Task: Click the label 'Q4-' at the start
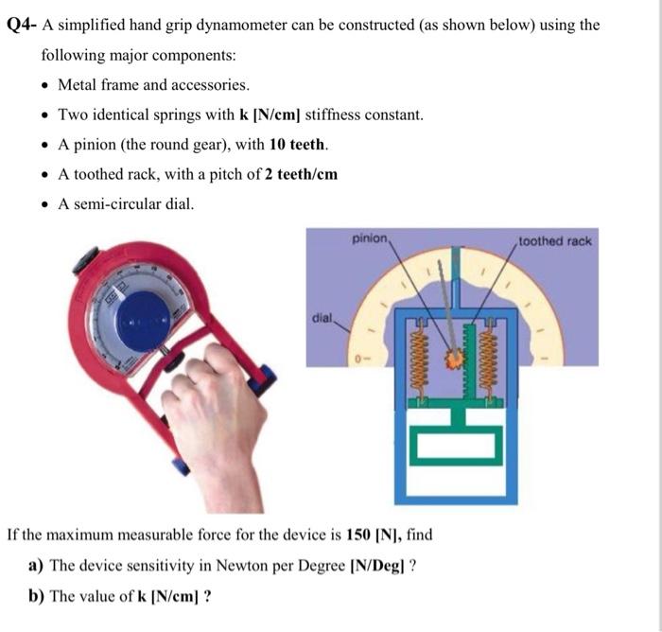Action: coord(21,25)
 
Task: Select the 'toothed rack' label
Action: coord(556,241)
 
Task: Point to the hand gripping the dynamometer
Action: coord(213,416)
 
